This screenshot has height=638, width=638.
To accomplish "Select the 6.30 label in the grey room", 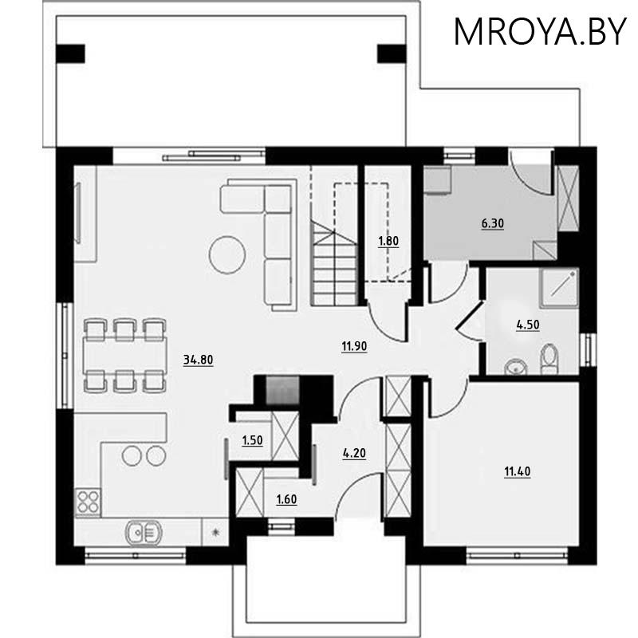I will [491, 224].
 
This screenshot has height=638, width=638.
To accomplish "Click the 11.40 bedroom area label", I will [517, 471].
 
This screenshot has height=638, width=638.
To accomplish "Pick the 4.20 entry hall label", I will [354, 453].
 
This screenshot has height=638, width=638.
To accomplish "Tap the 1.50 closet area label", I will [252, 439].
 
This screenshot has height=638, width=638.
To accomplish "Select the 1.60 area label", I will [287, 500].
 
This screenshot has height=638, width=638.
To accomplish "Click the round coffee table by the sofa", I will [226, 254].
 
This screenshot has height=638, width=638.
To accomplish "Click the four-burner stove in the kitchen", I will [87, 502].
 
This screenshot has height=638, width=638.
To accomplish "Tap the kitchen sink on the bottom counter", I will [144, 530].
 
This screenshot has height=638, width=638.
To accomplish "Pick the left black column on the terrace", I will [71, 53].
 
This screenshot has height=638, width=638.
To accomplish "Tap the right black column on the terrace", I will [391, 53].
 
